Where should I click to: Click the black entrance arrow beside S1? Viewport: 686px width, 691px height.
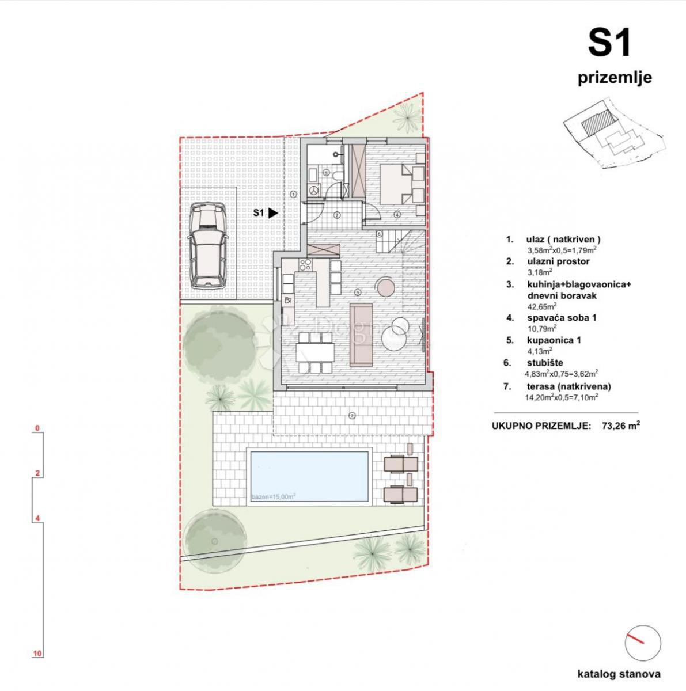(273, 213)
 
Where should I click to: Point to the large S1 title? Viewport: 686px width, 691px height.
(610, 44)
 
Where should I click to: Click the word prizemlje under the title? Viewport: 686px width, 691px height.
(615, 78)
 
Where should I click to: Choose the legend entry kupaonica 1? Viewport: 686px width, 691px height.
(551, 340)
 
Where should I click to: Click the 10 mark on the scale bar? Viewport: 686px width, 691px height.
(37, 654)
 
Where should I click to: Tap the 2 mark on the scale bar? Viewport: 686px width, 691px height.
(37, 473)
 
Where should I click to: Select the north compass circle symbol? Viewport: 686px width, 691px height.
(642, 644)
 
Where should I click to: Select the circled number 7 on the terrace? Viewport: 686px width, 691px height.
(352, 415)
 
